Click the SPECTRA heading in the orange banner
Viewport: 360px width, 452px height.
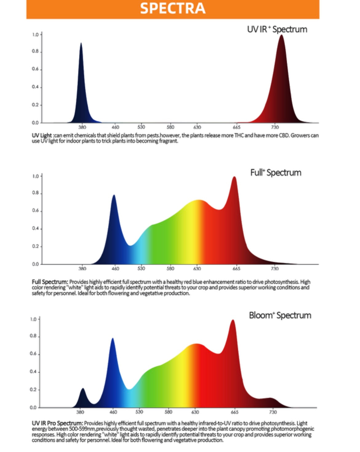(x=173, y=8)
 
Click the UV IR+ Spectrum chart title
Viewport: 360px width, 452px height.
(x=277, y=30)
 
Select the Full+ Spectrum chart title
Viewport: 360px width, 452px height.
(x=276, y=173)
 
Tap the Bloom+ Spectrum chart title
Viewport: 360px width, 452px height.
(x=280, y=315)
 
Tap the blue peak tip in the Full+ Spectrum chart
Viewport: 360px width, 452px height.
(x=114, y=196)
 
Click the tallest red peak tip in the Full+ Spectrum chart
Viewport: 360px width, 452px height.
(x=234, y=178)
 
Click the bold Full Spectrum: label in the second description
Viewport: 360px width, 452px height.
(x=50, y=282)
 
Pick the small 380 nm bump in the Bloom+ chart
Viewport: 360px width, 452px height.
(x=82, y=390)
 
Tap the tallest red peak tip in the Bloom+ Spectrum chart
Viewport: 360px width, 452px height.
(x=233, y=321)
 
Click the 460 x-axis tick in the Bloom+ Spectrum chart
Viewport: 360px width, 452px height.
(x=113, y=412)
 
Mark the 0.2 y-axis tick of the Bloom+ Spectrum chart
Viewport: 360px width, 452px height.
(x=33, y=390)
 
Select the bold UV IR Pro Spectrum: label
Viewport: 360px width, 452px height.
(x=57, y=423)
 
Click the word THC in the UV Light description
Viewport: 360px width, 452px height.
(x=239, y=136)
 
